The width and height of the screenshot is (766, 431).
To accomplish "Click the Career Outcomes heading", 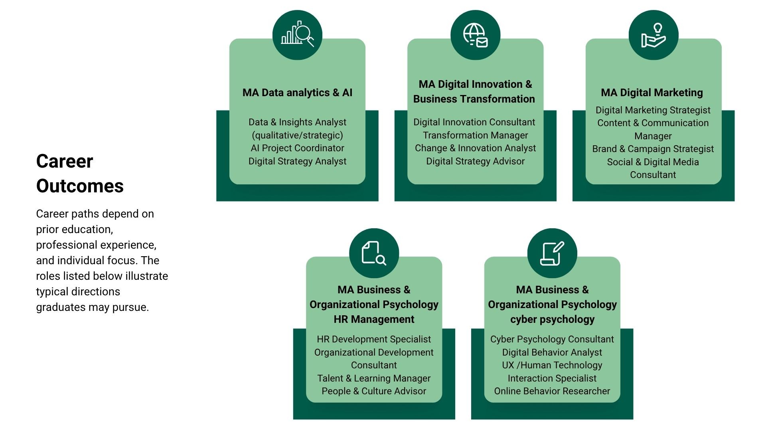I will [80, 174].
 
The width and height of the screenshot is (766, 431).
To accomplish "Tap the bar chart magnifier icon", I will [297, 35].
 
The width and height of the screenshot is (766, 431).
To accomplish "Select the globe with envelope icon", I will [475, 35].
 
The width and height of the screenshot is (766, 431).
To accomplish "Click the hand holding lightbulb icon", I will [653, 35].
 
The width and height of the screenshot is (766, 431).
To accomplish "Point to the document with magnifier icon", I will [374, 253].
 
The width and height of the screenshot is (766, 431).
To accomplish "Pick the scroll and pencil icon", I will [552, 253].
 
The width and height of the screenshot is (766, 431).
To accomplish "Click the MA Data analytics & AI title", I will [297, 93].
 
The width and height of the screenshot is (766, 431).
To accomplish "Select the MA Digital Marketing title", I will [652, 93].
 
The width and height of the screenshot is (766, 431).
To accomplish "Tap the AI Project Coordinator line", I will [297, 148].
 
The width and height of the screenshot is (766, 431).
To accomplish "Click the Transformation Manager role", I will [475, 135].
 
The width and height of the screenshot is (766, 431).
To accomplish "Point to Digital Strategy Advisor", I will [475, 161].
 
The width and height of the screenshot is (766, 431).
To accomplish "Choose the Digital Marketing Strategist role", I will [653, 110].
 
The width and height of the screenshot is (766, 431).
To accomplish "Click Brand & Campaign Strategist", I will [653, 149].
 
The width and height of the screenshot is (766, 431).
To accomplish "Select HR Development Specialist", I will [374, 339].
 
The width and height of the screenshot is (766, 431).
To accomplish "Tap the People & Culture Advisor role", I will [374, 391].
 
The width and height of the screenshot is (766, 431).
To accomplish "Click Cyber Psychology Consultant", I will [552, 339].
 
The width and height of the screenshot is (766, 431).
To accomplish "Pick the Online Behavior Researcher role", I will [552, 391].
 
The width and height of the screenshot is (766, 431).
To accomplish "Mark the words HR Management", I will [374, 319].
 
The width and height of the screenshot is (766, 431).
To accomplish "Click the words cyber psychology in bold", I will [552, 319].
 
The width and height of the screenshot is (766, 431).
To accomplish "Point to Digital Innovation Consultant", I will [474, 122].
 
